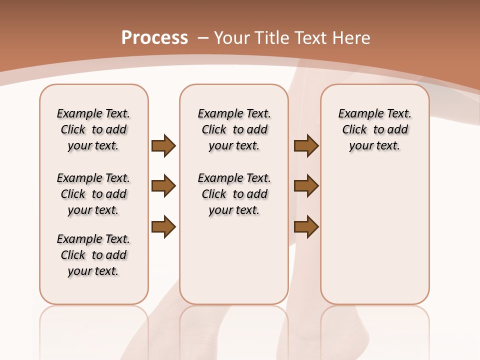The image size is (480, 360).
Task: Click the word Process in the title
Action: [x=154, y=38]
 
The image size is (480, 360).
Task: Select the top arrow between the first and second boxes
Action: [x=163, y=145]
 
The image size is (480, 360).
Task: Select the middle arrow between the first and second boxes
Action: [x=163, y=186]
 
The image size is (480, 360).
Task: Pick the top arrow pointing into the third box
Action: [x=306, y=145]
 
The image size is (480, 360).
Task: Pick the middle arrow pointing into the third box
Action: [x=306, y=186]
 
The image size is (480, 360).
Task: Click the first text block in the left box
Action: [x=93, y=129]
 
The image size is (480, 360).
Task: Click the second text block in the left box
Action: [x=93, y=194]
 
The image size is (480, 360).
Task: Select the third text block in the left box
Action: [x=93, y=255]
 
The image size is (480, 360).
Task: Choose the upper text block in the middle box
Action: [x=234, y=129]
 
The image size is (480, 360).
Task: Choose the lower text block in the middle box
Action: [x=234, y=194]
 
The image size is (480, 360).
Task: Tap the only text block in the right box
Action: [x=374, y=129]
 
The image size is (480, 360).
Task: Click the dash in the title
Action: [x=203, y=38]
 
